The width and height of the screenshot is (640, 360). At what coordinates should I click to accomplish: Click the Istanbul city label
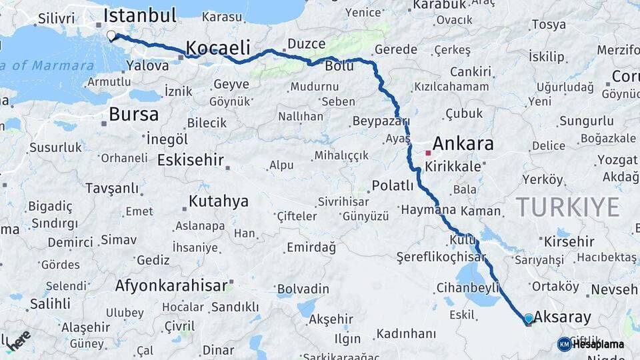point(140,15)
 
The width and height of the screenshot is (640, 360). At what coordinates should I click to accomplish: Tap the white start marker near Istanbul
point(111,35)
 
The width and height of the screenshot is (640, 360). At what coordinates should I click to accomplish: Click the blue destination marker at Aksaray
point(529,319)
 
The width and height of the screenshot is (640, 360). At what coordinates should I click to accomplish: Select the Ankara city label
point(463,143)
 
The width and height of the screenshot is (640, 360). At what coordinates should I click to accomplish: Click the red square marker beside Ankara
point(428,153)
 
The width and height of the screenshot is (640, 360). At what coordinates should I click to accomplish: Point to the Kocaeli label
point(217,47)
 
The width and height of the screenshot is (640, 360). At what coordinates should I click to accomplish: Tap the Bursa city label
point(133,114)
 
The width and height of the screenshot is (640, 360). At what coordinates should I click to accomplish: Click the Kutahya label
point(218,201)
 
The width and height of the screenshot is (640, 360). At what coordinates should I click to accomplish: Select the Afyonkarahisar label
point(171,285)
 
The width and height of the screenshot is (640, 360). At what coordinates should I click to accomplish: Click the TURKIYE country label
point(567,207)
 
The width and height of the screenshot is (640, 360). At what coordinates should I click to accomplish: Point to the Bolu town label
point(339,66)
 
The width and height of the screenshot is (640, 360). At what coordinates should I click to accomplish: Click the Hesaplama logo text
point(598,345)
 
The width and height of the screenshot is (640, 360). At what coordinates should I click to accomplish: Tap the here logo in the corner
point(18,340)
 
